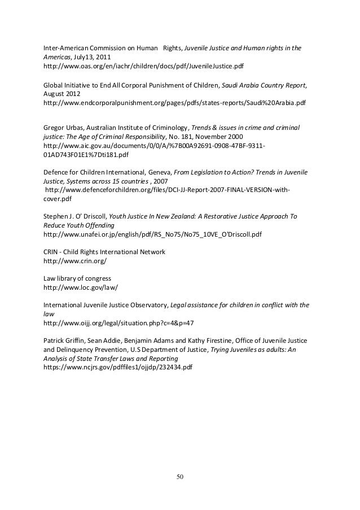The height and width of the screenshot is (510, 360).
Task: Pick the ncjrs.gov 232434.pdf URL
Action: click(x=118, y=367)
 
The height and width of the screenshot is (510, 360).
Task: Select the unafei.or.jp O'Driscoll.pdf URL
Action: click(x=152, y=234)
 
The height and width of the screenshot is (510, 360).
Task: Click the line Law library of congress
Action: click(x=77, y=278)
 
